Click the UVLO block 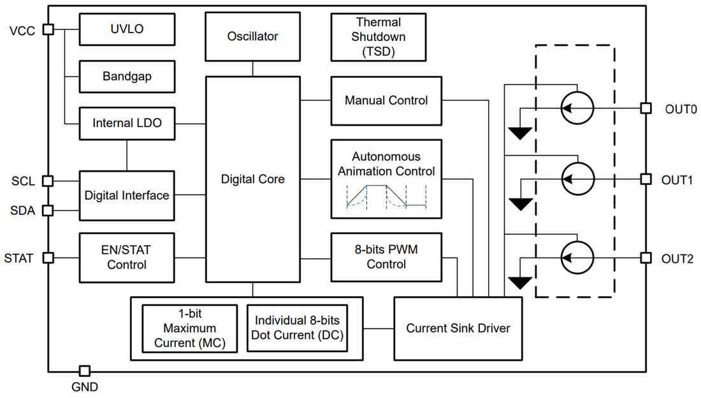(126, 29)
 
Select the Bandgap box (126, 77)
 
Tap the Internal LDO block (126, 123)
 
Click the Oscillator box (252, 36)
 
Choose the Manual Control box (386, 101)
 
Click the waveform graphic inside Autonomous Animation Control (386, 196)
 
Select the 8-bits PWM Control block (386, 257)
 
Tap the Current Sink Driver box (458, 328)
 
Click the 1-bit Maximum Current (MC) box (189, 328)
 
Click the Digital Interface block (126, 195)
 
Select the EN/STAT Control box (126, 257)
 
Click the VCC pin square (48, 29)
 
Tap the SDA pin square (48, 210)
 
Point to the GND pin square (84, 371)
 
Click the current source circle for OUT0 (577, 108)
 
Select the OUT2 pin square (646, 258)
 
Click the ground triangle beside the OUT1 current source (521, 204)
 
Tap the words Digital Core (252, 179)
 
